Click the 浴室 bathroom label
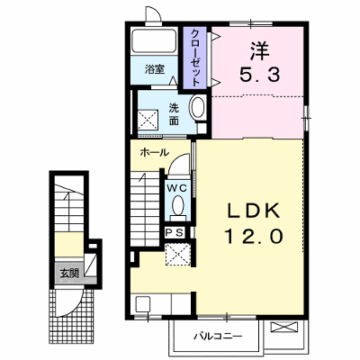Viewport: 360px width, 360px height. tap(155, 69)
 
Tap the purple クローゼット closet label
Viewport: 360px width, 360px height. tap(195, 58)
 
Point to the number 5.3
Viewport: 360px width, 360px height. tap(260, 75)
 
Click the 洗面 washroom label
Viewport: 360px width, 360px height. tap(174, 114)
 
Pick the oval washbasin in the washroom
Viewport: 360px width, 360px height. tap(197, 107)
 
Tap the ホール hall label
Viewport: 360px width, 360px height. tap(155, 153)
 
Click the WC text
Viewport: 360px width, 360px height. tap(177, 188)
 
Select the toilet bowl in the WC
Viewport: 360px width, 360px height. tap(178, 204)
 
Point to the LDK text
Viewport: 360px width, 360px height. tap(254, 211)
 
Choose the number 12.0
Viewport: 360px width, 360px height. tap(254, 236)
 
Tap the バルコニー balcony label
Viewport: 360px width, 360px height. tap(217, 337)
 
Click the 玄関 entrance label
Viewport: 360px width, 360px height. tap(69, 273)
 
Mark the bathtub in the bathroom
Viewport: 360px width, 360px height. tap(155, 40)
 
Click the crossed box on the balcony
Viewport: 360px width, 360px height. tap(284, 327)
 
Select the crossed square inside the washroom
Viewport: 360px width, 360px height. tap(148, 120)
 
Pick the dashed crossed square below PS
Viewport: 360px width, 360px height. tap(177, 255)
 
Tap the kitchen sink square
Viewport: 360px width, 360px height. tap(143, 304)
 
